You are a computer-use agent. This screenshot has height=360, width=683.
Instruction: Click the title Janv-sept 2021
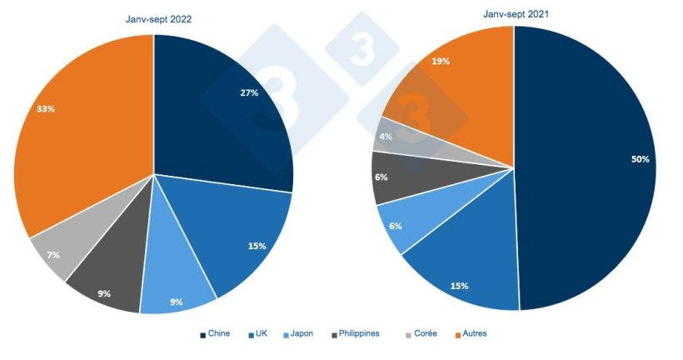516,14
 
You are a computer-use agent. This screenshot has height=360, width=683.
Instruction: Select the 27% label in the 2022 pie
248,92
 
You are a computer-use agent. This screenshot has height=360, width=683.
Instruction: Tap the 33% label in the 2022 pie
46,109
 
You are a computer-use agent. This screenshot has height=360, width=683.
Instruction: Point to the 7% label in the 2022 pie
53,255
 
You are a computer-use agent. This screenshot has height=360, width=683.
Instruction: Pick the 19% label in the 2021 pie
441,62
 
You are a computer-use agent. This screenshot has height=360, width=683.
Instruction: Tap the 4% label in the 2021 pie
386,135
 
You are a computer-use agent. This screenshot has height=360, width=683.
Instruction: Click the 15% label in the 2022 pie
257,246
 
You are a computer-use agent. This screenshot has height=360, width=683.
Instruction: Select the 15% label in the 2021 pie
459,286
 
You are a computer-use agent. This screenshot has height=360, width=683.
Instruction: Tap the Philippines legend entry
359,334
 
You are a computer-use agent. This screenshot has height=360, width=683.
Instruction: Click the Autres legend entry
475,334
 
